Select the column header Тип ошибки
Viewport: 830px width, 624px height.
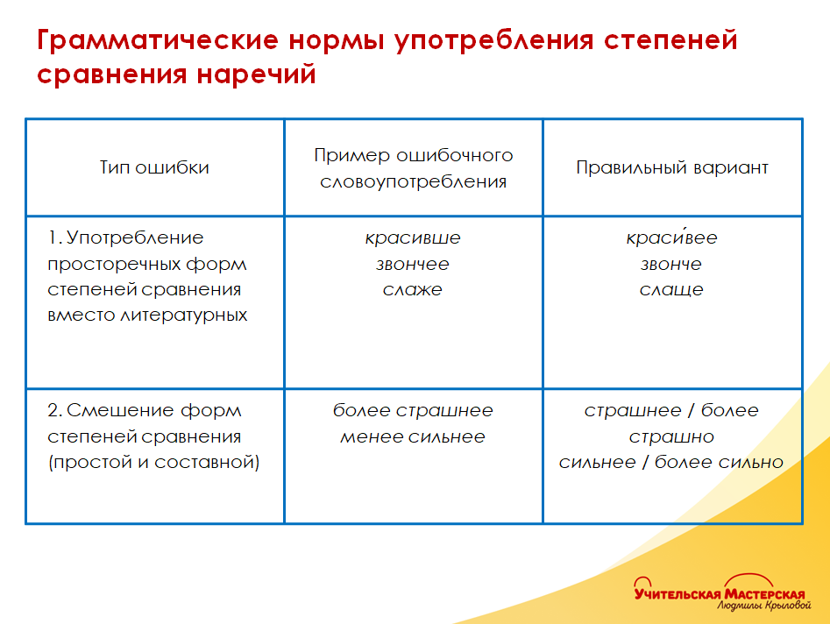click(154, 167)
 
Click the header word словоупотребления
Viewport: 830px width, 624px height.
click(413, 182)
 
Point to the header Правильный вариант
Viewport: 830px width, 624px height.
click(671, 167)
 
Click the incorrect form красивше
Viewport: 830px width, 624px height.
click(413, 238)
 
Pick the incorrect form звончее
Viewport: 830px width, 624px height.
click(413, 264)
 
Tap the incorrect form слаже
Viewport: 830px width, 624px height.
click(413, 290)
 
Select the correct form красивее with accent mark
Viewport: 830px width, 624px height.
click(671, 238)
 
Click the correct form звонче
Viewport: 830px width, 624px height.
click(671, 264)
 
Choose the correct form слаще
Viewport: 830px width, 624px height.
click(671, 290)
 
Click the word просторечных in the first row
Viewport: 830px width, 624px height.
click(147, 264)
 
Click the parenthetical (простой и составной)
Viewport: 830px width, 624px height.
click(154, 463)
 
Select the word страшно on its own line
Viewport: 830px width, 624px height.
click(671, 436)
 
